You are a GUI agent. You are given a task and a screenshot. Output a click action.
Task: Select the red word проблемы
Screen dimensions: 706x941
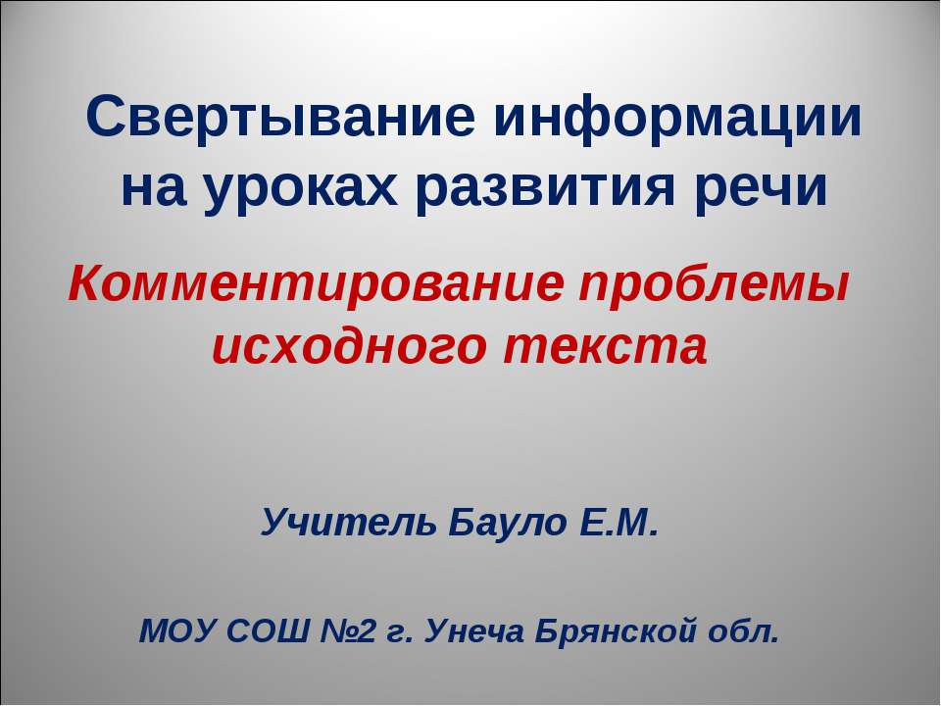pos(714,286)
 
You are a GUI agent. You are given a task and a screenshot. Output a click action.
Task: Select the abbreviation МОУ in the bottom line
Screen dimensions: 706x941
pos(179,628)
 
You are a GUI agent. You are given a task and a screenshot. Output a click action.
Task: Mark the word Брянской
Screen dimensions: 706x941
pos(624,628)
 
